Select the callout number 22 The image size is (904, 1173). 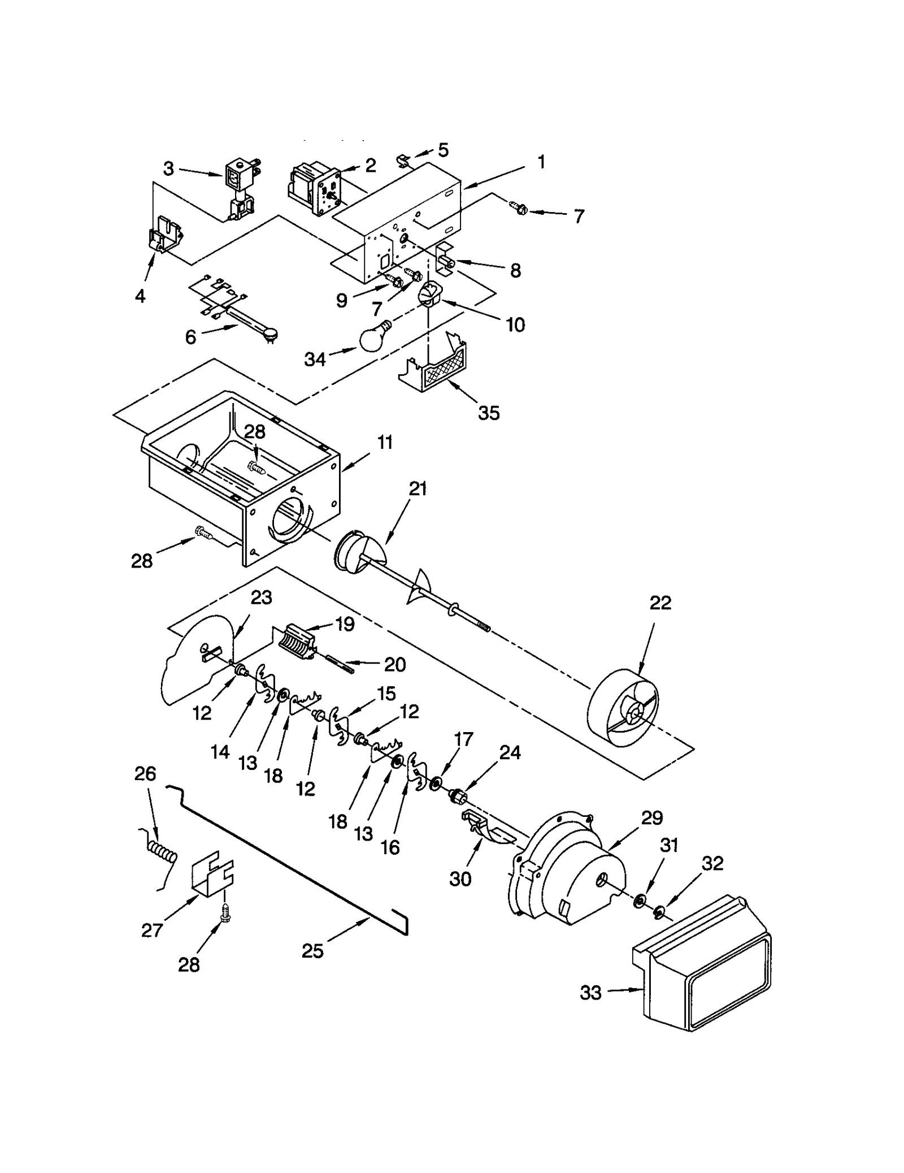click(x=660, y=603)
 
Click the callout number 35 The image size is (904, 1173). click(x=489, y=413)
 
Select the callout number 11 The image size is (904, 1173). click(x=385, y=442)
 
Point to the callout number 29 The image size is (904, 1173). click(x=652, y=818)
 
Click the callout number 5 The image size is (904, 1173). click(x=443, y=150)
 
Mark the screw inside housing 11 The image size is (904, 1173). click(x=256, y=467)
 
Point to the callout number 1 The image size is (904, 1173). click(x=541, y=162)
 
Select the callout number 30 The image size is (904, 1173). click(x=460, y=878)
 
